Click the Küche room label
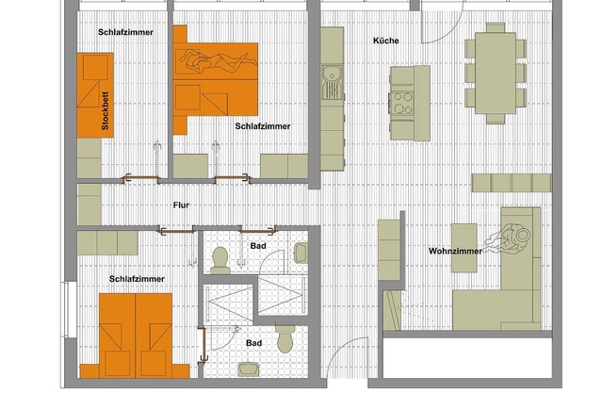click(x=385, y=41)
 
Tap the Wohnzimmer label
click(x=455, y=251)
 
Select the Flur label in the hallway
click(x=181, y=205)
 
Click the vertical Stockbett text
click(x=105, y=111)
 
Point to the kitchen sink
click(x=333, y=82)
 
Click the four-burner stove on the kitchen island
click(x=402, y=103)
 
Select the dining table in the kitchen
click(x=496, y=74)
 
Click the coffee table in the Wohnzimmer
click(x=464, y=248)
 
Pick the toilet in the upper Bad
click(x=220, y=260)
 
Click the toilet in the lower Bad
click(x=285, y=338)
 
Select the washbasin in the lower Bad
click(x=248, y=369)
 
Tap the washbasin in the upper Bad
click(x=301, y=253)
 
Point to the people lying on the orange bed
click(x=218, y=60)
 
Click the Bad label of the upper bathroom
click(x=258, y=246)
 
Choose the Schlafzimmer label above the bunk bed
click(x=125, y=32)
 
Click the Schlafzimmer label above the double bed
click(x=137, y=279)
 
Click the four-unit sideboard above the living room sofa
click(x=512, y=183)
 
